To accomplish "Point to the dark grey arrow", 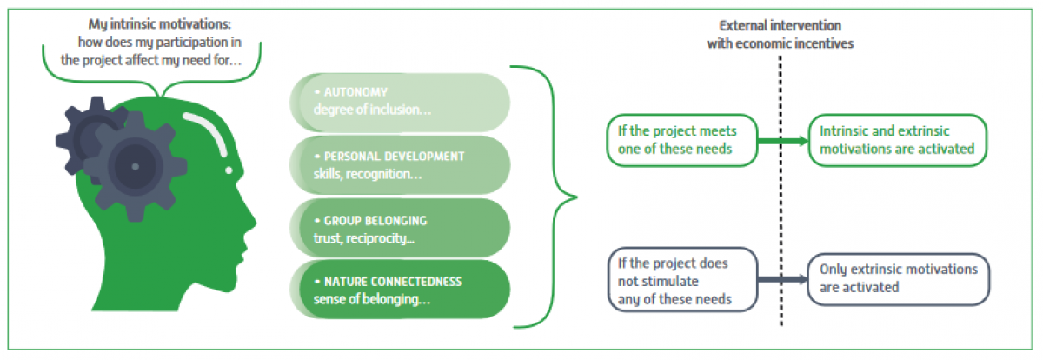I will click(778, 280).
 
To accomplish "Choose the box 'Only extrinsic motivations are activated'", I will click(899, 278).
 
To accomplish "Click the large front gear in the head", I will click(135, 163).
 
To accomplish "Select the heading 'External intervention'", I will click(781, 26).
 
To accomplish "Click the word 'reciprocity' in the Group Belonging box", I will click(378, 237).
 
